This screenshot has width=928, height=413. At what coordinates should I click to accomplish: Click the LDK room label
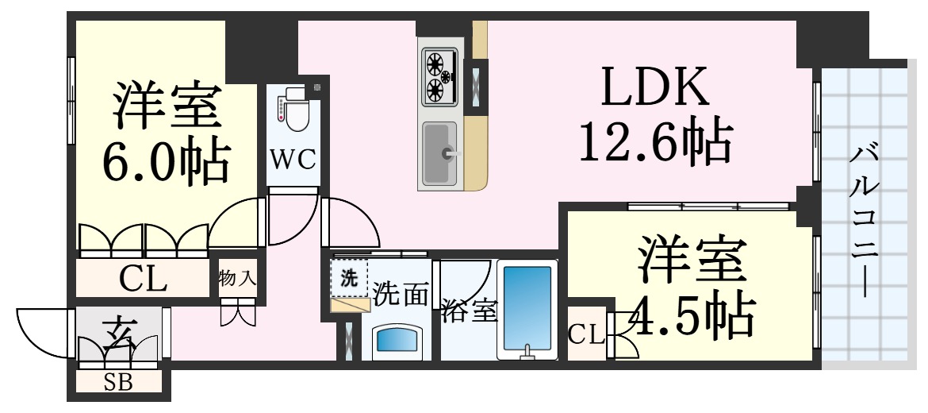click(654, 87)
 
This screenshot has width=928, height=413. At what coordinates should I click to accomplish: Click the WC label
click(293, 160)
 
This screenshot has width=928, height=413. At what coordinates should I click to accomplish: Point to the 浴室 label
click(470, 311)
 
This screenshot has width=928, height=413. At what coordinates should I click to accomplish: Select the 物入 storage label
click(237, 278)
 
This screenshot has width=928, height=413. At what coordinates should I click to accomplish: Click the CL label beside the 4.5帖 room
click(586, 335)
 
